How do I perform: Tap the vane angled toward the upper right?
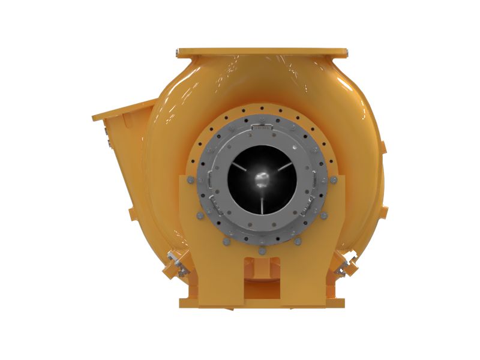click(x=281, y=167)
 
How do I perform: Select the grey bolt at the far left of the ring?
click(x=190, y=179)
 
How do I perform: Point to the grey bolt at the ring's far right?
click(x=334, y=179)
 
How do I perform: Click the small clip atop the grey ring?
click(x=262, y=127)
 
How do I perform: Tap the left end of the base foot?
click(x=184, y=300)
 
